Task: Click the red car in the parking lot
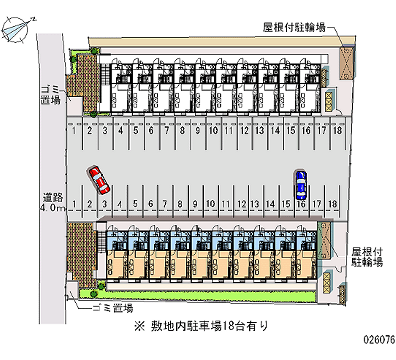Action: (x=99, y=180)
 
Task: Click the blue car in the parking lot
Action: (x=300, y=183)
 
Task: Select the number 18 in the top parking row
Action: (x=336, y=131)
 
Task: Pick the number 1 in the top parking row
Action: (x=73, y=131)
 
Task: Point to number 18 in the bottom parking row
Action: (x=333, y=204)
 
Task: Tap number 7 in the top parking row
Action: (x=167, y=131)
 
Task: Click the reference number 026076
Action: (x=379, y=340)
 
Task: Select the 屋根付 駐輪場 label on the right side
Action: (x=367, y=257)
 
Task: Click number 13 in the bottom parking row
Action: (x=255, y=204)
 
